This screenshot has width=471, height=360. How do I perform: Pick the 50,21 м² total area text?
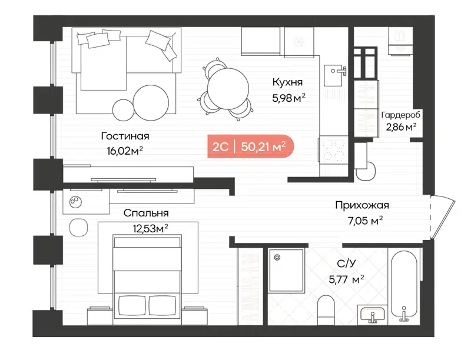point(263,146)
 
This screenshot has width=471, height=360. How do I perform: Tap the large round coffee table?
point(151,99)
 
